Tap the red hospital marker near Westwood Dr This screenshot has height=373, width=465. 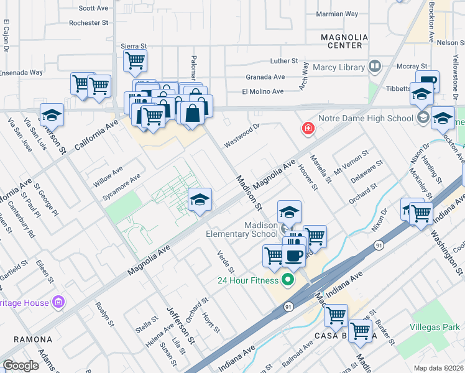[x=308, y=129]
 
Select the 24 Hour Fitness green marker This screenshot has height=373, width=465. [x=287, y=280]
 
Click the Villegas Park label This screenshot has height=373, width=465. [x=435, y=327]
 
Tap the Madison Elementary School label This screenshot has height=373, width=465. [x=242, y=229]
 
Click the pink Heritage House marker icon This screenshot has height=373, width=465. [x=59, y=302]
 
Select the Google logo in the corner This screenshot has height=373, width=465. [x=21, y=366]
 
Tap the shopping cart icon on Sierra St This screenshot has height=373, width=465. [x=135, y=60]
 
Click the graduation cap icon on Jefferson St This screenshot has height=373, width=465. [x=53, y=114]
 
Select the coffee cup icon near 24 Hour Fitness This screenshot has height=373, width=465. [x=293, y=254]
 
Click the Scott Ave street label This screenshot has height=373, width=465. [x=94, y=9]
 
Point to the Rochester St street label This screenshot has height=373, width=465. [x=89, y=23]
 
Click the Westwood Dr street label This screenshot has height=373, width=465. [x=241, y=134]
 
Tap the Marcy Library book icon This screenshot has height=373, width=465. [x=375, y=66]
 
